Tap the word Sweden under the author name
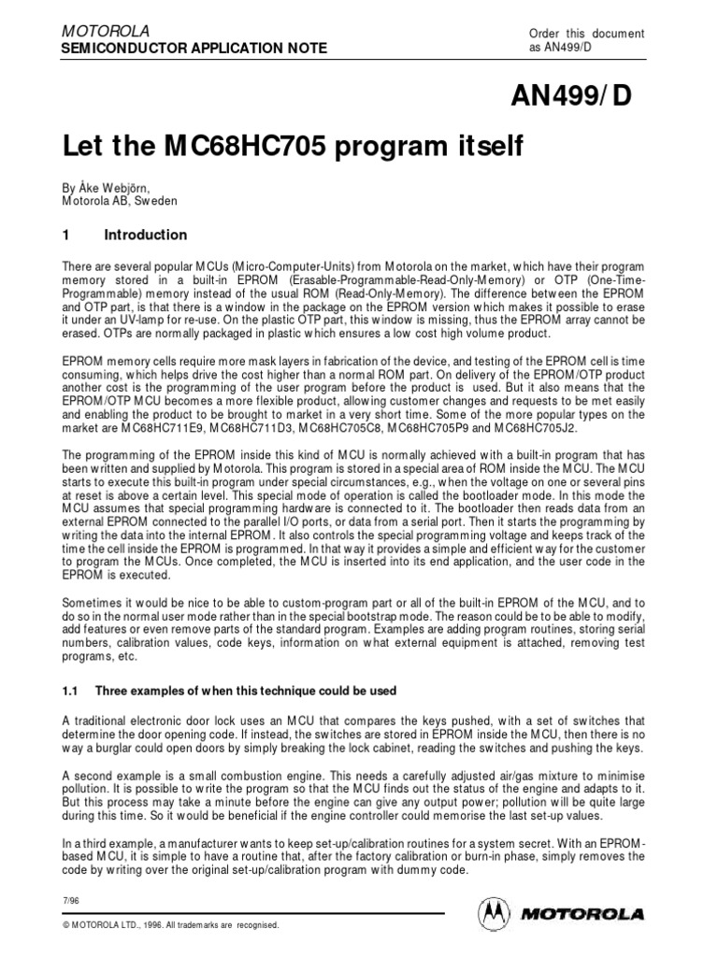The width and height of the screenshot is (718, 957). click(152, 199)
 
